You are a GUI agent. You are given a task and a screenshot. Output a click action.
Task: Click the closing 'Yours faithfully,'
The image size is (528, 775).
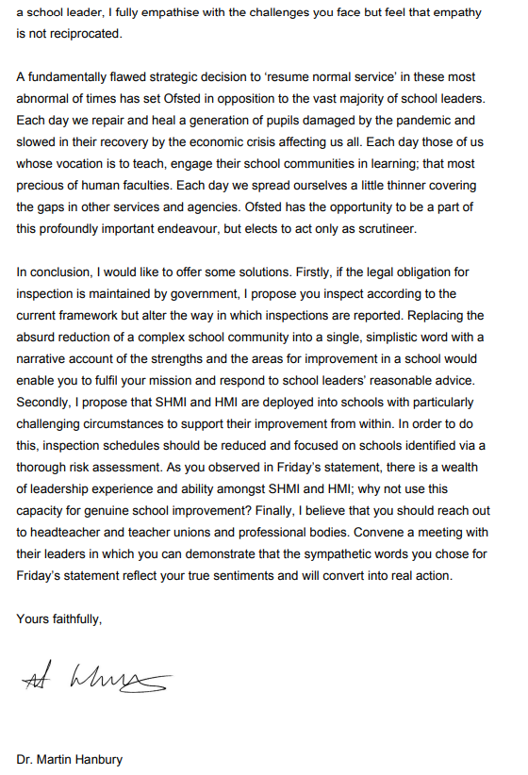click(x=59, y=618)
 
